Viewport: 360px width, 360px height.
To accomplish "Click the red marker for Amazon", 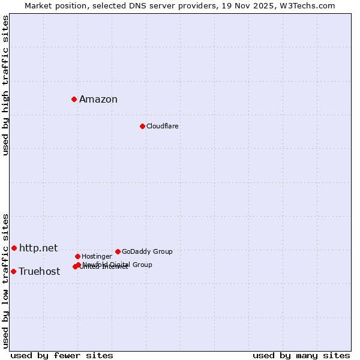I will pyautogui.click(x=74, y=99).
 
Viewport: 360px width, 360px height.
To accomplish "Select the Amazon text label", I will pyautogui.click(x=98, y=100).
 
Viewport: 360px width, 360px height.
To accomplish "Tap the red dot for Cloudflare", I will pyautogui.click(x=142, y=126).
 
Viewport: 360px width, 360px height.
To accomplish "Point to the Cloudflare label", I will pyautogui.click(x=162, y=126).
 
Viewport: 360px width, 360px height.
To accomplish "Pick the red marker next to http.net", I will pyautogui.click(x=14, y=248).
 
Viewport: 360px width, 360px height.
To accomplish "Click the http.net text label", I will pyautogui.click(x=38, y=248).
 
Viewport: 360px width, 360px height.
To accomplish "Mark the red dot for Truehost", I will pyautogui.click(x=13, y=271).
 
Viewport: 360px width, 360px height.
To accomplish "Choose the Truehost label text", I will pyautogui.click(x=40, y=271).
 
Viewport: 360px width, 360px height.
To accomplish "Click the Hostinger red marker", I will pyautogui.click(x=77, y=256).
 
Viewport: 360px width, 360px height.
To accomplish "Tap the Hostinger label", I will pyautogui.click(x=97, y=256).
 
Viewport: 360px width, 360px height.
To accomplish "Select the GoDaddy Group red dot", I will pyautogui.click(x=118, y=251).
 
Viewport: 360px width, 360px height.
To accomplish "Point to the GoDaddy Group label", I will pyautogui.click(x=147, y=251).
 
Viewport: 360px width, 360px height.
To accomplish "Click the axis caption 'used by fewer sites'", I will pyautogui.click(x=62, y=355).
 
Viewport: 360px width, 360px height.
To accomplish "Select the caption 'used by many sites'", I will pyautogui.click(x=301, y=355).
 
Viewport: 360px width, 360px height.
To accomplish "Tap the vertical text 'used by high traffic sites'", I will pyautogui.click(x=5, y=85).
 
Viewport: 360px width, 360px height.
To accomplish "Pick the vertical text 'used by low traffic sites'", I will pyautogui.click(x=5, y=281).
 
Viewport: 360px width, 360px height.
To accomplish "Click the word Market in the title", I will pyautogui.click(x=38, y=5).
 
